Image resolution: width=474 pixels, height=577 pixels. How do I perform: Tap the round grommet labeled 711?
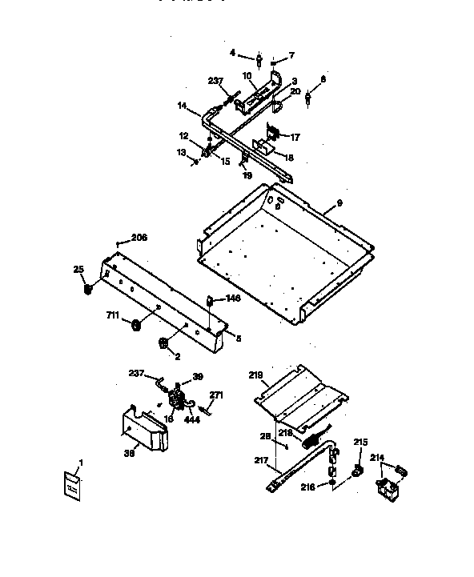(x=135, y=324)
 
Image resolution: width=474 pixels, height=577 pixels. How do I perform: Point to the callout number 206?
(x=140, y=238)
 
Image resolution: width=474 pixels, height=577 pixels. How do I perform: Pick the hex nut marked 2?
(x=163, y=343)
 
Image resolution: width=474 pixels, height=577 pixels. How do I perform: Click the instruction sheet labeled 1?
(x=72, y=486)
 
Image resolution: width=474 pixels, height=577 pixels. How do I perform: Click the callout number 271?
(x=215, y=395)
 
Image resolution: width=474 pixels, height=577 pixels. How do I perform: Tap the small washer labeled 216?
(x=331, y=483)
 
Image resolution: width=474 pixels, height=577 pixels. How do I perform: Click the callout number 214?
(x=378, y=458)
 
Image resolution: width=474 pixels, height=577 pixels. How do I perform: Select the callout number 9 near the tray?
(x=339, y=203)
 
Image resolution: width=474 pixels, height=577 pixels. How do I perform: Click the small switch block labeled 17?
(x=271, y=136)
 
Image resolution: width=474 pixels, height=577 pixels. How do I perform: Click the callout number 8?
(x=323, y=79)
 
